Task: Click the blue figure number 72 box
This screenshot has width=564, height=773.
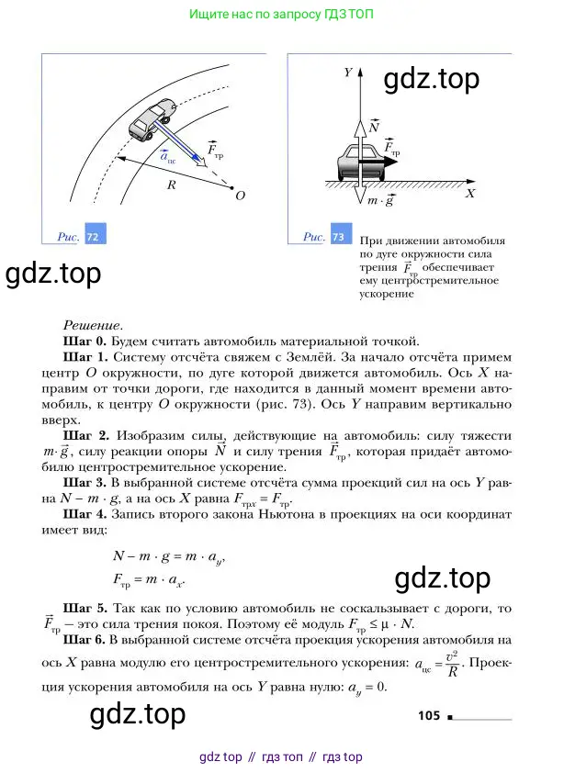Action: point(93,237)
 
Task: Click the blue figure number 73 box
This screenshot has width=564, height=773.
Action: point(339,237)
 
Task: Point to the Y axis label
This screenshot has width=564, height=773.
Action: point(348,71)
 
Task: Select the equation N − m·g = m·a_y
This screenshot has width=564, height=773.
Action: point(168,557)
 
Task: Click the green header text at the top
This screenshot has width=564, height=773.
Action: point(281,16)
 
